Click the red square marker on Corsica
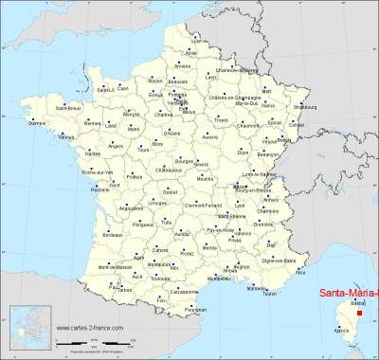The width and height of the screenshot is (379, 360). click(359, 312)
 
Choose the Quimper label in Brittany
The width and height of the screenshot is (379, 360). click(37, 123)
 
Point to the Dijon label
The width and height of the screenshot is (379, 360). click(243, 152)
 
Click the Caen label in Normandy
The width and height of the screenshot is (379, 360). click(124, 89)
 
